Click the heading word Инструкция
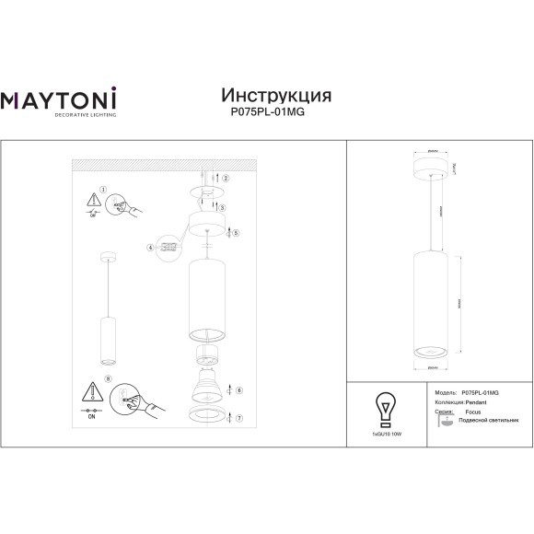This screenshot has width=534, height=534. (x=277, y=96)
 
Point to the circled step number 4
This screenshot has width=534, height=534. (x=149, y=248)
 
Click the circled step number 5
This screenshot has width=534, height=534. (x=237, y=234)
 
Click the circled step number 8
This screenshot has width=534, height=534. (x=109, y=378)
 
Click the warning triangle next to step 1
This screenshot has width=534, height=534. (x=91, y=200)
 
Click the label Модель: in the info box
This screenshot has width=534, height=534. (x=444, y=392)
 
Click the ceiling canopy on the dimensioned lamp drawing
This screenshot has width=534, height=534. (x=432, y=167)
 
